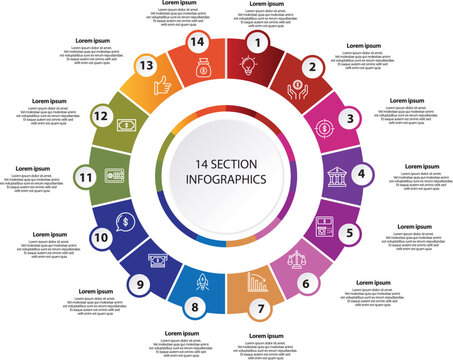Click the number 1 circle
click(260, 43)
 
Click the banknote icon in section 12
click(128, 126)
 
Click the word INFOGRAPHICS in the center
click(226, 180)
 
